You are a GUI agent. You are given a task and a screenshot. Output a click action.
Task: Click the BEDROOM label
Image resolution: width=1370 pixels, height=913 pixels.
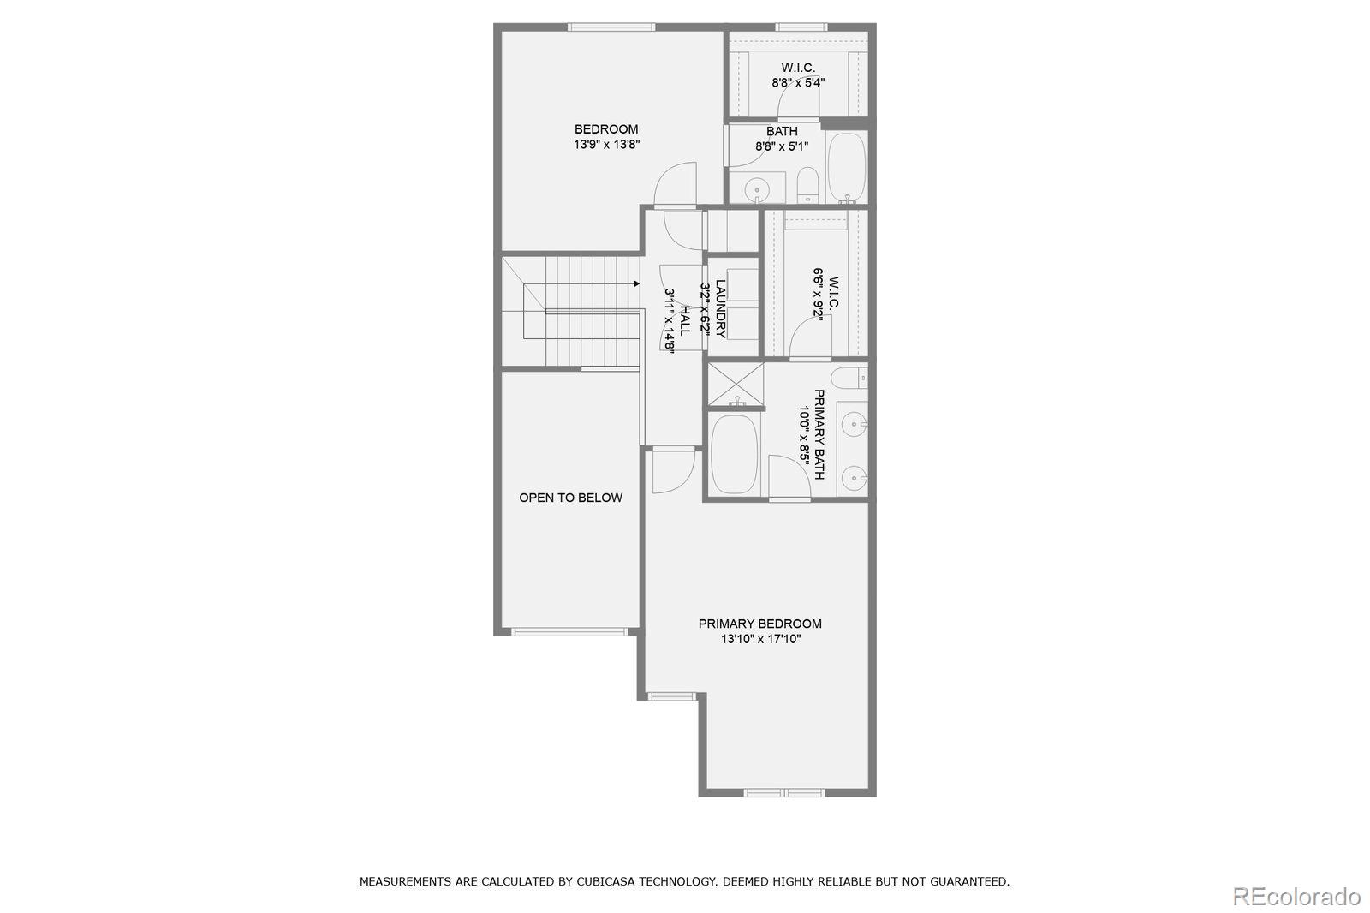coord(606,129)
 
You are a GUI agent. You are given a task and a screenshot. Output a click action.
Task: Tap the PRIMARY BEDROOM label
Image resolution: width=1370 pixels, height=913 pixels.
coord(759,624)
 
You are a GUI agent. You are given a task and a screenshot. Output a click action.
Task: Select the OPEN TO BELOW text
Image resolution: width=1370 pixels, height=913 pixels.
coord(570,498)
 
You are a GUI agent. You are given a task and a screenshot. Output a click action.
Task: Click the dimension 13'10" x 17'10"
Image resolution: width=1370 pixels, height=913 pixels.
coord(759,639)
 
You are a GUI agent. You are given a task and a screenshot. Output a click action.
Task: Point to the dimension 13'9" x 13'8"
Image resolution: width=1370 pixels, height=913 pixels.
coord(606,145)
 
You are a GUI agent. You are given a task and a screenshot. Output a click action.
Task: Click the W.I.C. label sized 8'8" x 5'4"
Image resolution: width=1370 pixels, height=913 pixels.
coord(797,68)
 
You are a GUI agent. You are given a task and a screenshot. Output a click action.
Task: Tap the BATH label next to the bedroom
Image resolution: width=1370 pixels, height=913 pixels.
coord(782,131)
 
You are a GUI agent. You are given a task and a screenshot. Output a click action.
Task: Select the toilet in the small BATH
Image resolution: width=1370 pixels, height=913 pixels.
coord(807,186)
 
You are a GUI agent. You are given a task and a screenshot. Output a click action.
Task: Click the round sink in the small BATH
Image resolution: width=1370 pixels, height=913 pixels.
coord(756,188)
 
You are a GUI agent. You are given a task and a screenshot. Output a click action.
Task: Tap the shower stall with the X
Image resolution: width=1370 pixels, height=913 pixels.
coord(736,385)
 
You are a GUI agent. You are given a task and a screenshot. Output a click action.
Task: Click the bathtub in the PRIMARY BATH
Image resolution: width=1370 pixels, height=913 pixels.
coord(734,454)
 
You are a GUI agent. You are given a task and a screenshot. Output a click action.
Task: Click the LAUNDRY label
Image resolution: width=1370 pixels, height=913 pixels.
coord(720,308)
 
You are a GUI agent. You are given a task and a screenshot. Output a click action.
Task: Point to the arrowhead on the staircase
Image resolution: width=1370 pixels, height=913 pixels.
coord(636,283)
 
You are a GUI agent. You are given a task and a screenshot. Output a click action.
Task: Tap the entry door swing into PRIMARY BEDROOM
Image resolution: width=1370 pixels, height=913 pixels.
coord(672,471)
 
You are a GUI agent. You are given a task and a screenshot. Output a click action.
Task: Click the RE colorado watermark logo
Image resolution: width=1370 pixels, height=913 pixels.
coord(1296,896)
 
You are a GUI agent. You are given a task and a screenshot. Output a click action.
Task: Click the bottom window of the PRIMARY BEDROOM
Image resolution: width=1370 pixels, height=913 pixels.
coord(783,792)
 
